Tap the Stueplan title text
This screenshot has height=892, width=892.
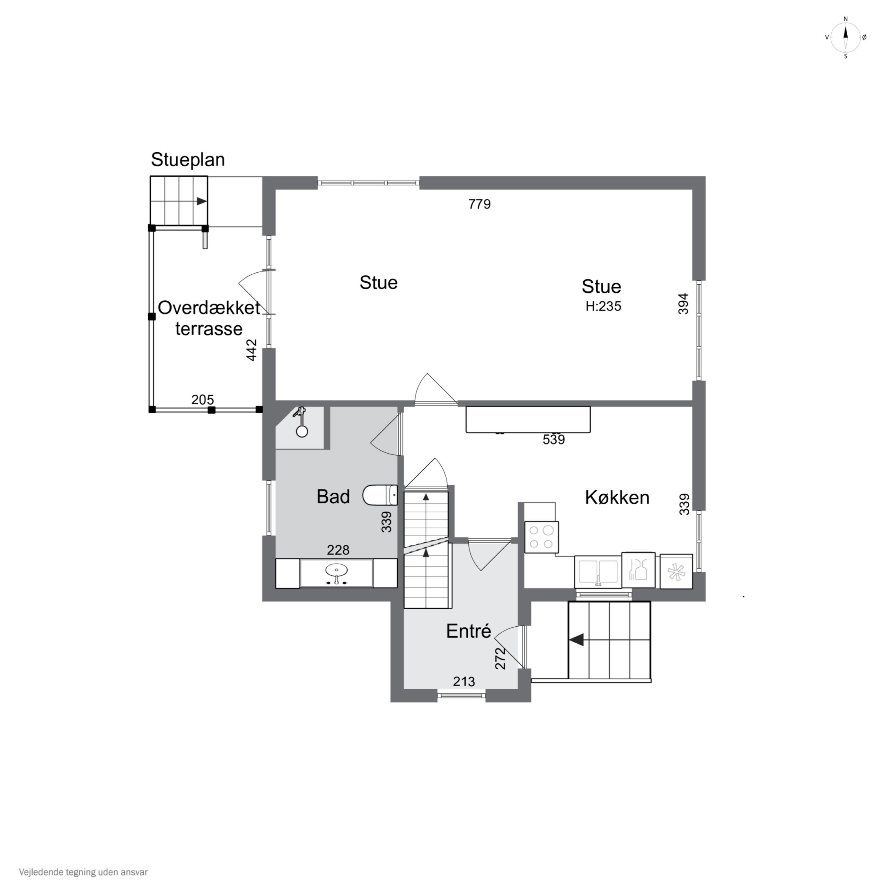tap(188, 160)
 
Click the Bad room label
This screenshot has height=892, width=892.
tap(333, 497)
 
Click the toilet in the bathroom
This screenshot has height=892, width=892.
tap(380, 495)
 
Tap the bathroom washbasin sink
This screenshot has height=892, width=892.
tap(337, 573)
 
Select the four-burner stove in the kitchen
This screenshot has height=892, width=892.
tap(541, 537)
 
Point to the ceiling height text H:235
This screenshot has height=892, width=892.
tap(603, 307)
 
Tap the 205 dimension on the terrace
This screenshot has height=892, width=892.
tap(202, 400)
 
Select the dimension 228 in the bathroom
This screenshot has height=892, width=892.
tap(338, 550)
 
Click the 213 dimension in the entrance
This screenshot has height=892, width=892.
tap(463, 681)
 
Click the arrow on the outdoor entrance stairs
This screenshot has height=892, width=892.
tap(577, 640)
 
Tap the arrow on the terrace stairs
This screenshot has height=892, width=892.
tap(202, 201)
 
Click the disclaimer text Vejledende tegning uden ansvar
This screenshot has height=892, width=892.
tap(83, 873)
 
